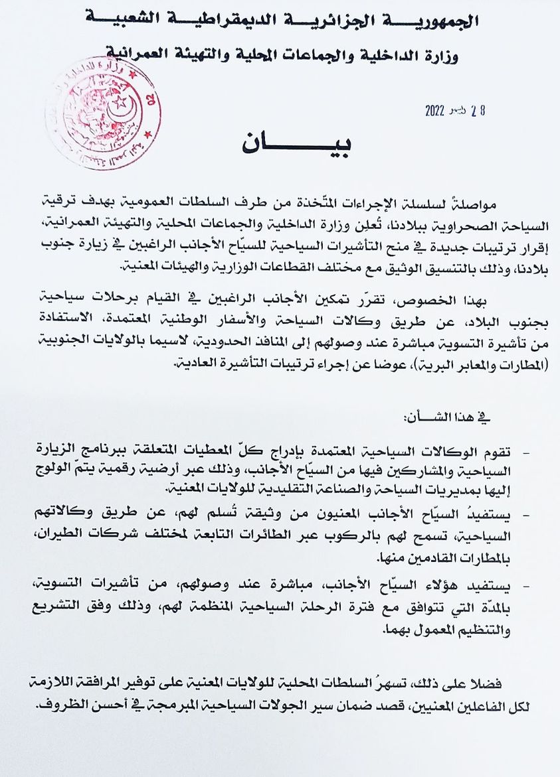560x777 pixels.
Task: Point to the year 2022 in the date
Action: point(438,111)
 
